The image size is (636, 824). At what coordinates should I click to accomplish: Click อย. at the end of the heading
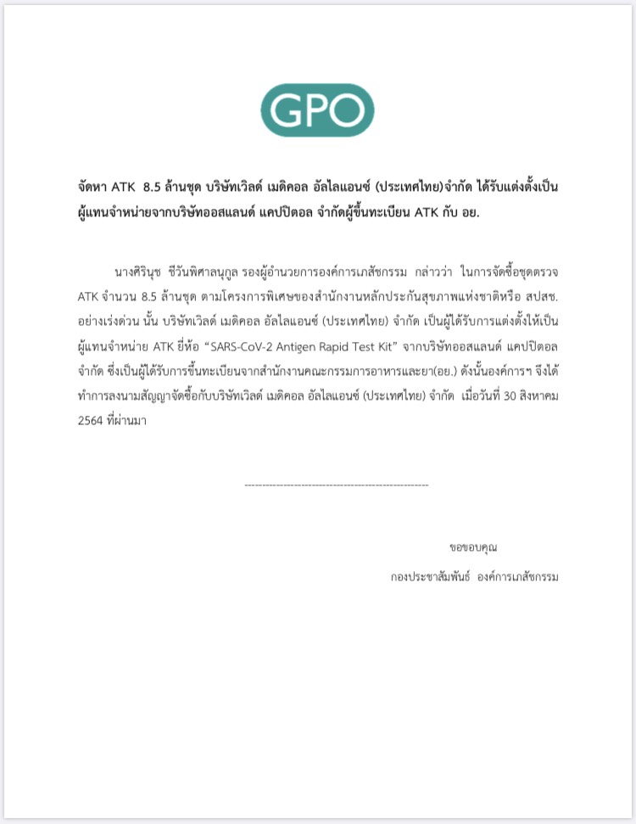click(x=467, y=211)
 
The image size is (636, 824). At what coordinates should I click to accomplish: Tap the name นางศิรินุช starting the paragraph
click(x=141, y=272)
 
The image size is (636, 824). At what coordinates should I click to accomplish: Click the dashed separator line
click(x=336, y=485)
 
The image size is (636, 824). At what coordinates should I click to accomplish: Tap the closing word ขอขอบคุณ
click(x=473, y=547)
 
